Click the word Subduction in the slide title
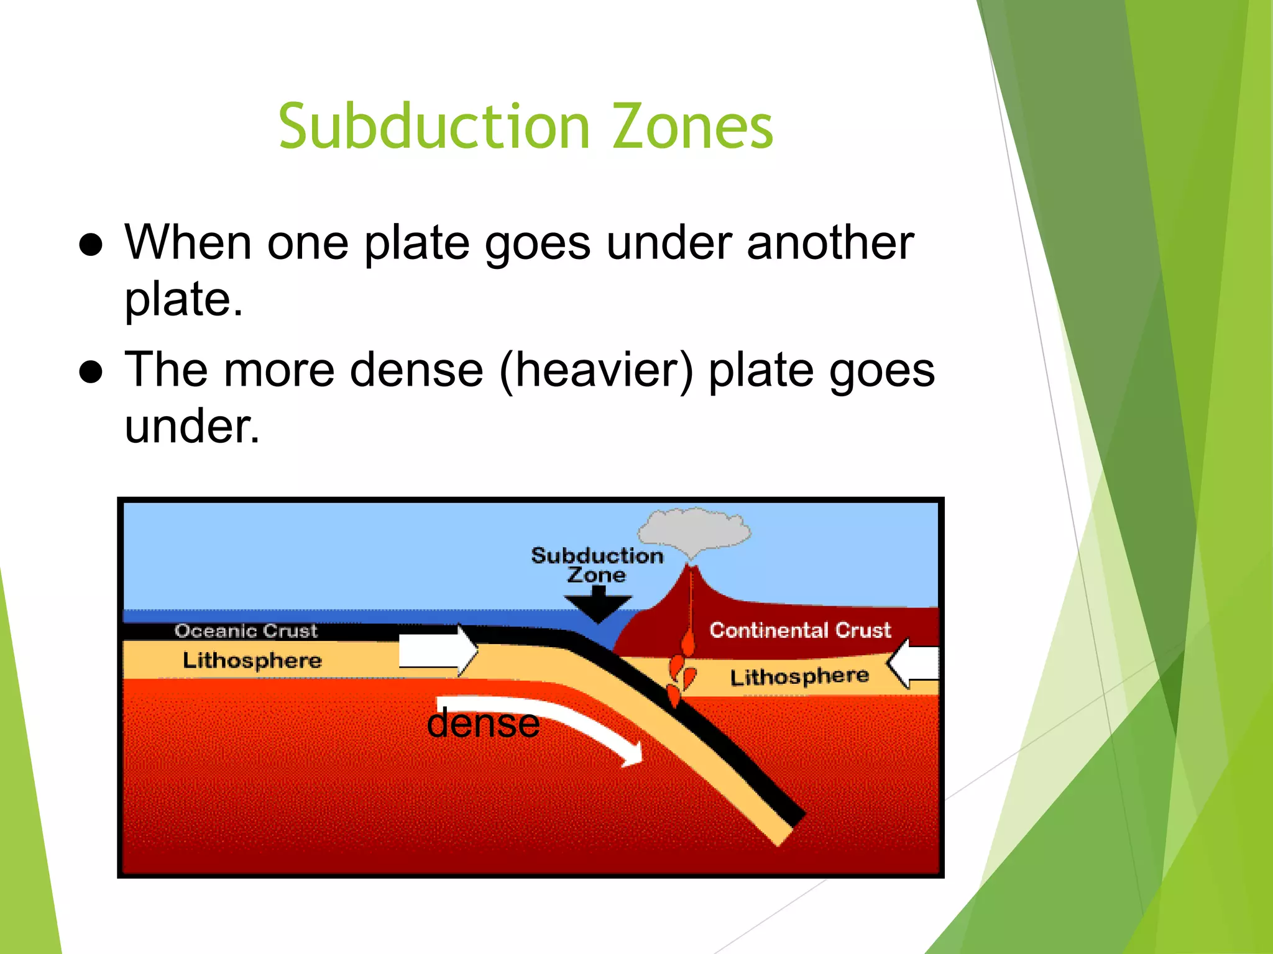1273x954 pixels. point(434,127)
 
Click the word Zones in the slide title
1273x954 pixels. point(692,127)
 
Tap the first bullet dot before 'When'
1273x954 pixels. point(91,245)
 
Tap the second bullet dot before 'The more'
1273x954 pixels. point(91,372)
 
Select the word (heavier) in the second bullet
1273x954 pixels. point(596,371)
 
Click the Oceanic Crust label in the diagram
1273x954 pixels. point(246,631)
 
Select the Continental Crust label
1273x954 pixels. point(800,630)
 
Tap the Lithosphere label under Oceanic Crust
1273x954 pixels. point(252,660)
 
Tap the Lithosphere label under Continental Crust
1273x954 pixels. point(799,676)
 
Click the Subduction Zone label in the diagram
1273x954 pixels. point(597,565)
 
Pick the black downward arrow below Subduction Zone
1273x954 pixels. point(598,605)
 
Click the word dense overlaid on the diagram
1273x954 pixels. point(483,724)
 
